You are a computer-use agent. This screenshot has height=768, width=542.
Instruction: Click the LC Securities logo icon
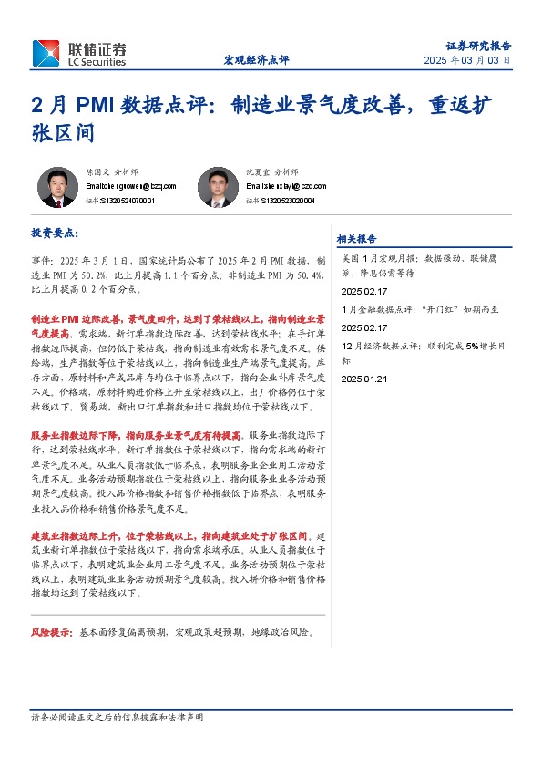click(x=46, y=53)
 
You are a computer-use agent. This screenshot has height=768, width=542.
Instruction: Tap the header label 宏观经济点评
click(x=256, y=60)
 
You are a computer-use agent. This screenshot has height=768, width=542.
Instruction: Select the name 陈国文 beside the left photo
click(x=97, y=171)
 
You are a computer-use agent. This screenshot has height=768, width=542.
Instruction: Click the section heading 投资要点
click(x=55, y=234)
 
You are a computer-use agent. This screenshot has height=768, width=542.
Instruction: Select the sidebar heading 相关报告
click(x=356, y=239)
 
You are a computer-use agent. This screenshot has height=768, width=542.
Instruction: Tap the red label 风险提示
click(x=52, y=631)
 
